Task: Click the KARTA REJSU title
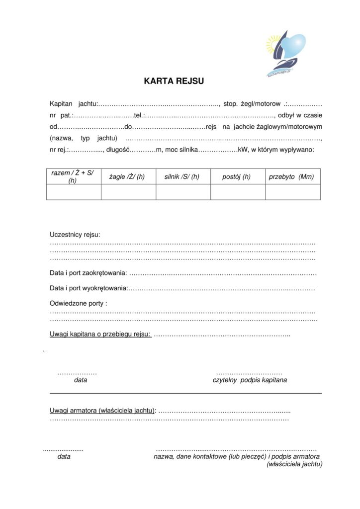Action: (174, 81)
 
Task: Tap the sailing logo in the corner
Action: (285, 54)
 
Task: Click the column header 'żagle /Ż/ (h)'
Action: (127, 176)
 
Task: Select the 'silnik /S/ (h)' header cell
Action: (182, 176)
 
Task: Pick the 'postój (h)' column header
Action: (237, 176)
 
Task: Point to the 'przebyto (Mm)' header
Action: (292, 176)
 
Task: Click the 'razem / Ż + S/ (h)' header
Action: (73, 176)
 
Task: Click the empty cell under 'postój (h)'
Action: (238, 192)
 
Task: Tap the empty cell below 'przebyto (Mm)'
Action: (292, 192)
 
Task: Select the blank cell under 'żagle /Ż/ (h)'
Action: (128, 192)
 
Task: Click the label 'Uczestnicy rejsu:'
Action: (75, 235)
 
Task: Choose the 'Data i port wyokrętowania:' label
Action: (89, 288)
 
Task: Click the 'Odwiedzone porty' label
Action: (78, 303)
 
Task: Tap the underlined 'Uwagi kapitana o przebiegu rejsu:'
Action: (100, 335)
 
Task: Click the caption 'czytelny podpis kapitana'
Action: (250, 380)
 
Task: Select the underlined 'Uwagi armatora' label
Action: (102, 410)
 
